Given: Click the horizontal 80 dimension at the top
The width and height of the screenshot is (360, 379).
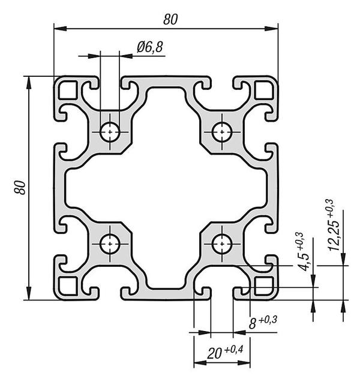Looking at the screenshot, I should point(170,19).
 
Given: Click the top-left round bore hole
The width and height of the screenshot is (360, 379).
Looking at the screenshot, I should point(110,130).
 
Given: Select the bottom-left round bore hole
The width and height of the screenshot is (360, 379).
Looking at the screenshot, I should point(110,244).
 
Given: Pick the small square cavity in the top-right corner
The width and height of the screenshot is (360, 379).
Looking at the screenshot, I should point(263,91).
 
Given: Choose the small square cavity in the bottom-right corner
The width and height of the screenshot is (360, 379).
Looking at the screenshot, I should point(263,285).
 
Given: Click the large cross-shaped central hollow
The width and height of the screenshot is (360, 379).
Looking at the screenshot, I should point(166,187).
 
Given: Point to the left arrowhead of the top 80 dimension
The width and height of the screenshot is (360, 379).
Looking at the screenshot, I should point(58,28).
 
